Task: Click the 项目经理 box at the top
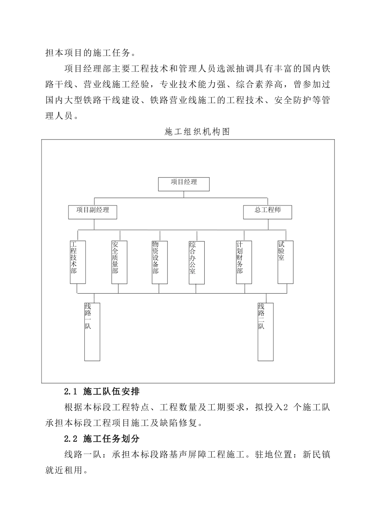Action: pyautogui.click(x=184, y=184)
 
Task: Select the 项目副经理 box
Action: pyautogui.click(x=93, y=211)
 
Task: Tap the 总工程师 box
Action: pyautogui.click(x=268, y=212)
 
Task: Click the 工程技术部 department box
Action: pyautogui.click(x=78, y=262)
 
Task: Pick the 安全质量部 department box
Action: pyautogui.click(x=119, y=262)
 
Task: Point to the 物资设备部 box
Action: pyautogui.click(x=159, y=262)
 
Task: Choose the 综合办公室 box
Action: pyautogui.click(x=197, y=262)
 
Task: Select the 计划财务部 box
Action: pyautogui.click(x=244, y=262)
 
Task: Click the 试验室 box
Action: pyautogui.click(x=285, y=262)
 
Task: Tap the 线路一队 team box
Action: pyautogui.click(x=92, y=331)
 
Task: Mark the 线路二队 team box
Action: pyautogui.click(x=265, y=331)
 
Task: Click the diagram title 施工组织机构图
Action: pyautogui.click(x=197, y=132)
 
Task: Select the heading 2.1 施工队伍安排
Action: pyautogui.click(x=102, y=392)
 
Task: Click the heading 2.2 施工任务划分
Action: pyautogui.click(x=102, y=439)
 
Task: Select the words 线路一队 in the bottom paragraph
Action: pyautogui.click(x=82, y=455)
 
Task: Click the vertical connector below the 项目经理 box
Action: pyautogui.click(x=184, y=194)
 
